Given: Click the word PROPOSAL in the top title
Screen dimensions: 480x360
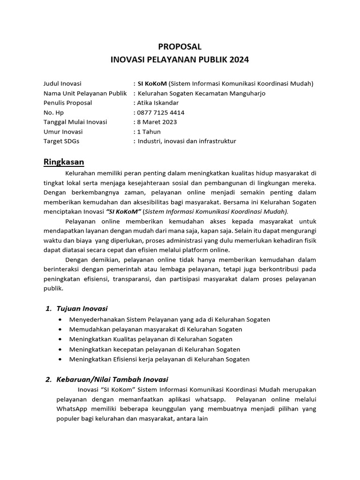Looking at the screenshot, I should click(x=180, y=46).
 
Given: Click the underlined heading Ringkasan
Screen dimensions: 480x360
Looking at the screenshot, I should click(x=64, y=162).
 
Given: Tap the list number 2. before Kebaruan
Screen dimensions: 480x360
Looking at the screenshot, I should click(x=48, y=379).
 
